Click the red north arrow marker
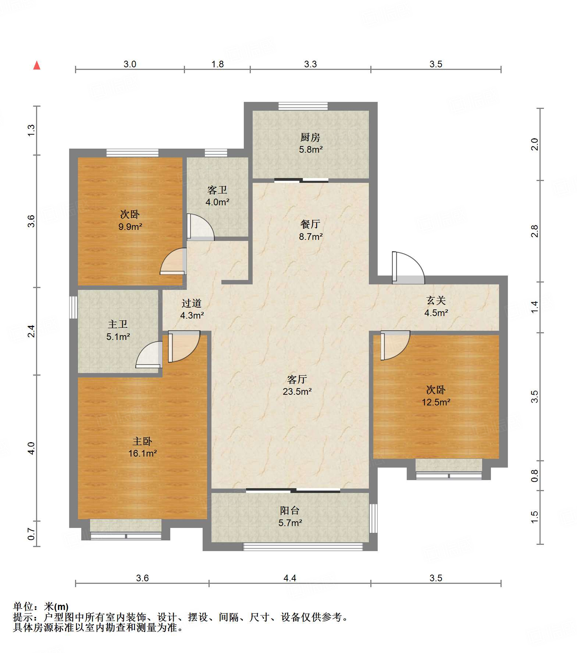coord(37,65)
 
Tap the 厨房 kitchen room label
coord(310,138)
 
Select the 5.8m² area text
coord(311,149)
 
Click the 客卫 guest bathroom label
coord(217,190)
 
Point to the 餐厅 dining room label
coord(310,224)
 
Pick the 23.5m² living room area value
coord(297,391)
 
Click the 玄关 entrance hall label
coord(436,301)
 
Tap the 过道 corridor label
coord(192,303)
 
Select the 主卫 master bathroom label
coord(118,324)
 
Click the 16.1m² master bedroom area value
coord(143,453)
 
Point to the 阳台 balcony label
coord(290,510)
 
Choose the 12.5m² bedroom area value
coord(436,402)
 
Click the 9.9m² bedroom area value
coord(130,227)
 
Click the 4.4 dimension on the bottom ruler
coord(290,578)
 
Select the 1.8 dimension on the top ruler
coord(218,64)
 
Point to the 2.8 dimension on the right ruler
coord(535,231)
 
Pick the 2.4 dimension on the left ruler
coord(31,331)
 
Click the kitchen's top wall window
coord(303,106)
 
